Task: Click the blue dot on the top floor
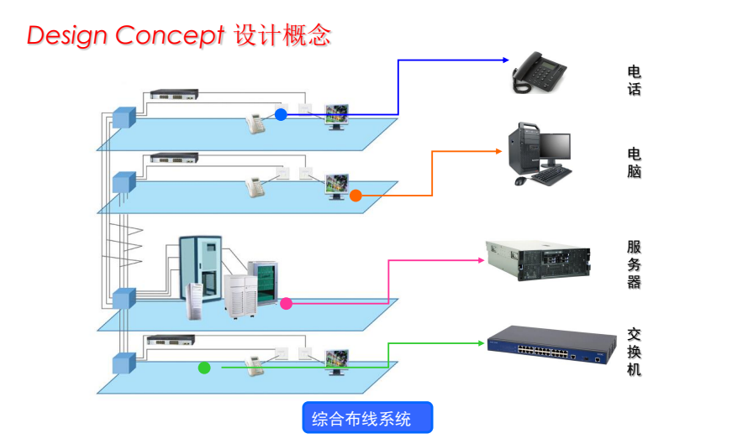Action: coord(281,114)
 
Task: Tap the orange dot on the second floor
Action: coord(356,196)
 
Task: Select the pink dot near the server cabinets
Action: coord(287,303)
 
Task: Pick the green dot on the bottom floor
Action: coord(203,367)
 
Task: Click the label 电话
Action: coord(635,80)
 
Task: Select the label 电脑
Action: coord(635,162)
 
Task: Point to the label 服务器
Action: coord(635,264)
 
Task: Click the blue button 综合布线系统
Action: coord(367,418)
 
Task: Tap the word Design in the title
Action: coord(68,35)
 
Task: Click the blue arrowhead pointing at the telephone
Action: coord(506,60)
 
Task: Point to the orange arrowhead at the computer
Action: coord(498,151)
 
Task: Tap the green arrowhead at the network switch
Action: coord(482,342)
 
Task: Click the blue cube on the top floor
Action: coord(124,117)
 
